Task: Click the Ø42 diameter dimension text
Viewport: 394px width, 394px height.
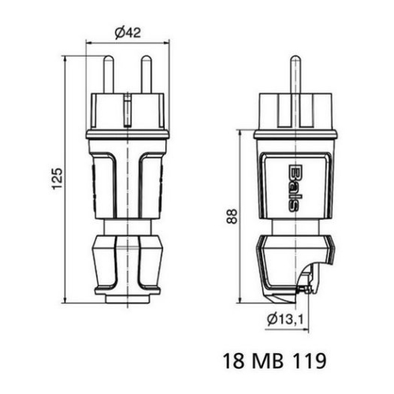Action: (128, 33)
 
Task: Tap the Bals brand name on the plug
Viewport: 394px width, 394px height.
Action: (293, 187)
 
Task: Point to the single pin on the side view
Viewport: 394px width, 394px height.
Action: (294, 75)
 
